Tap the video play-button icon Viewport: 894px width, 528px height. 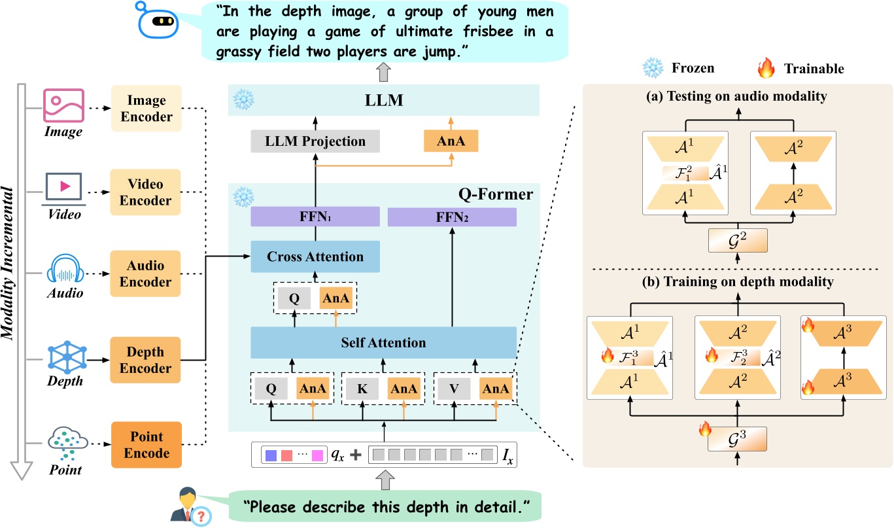click(x=63, y=186)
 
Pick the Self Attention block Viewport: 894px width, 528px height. click(x=383, y=342)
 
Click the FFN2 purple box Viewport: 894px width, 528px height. click(x=452, y=217)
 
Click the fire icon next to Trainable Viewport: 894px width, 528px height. click(x=766, y=67)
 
